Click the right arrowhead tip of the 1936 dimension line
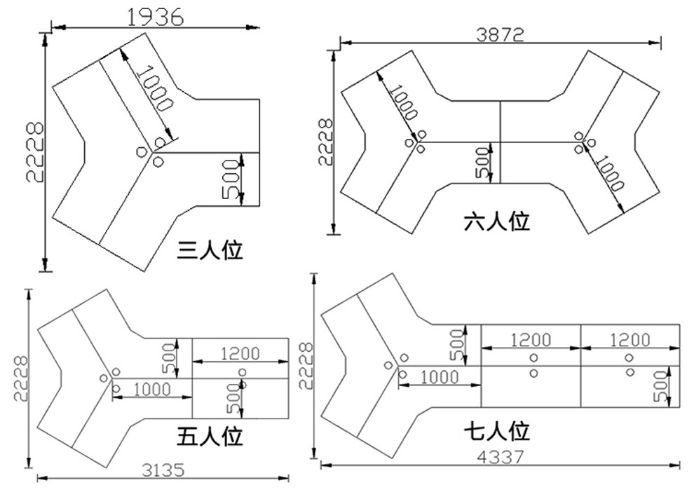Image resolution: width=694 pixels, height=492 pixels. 259,28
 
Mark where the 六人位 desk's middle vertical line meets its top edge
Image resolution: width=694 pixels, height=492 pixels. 500,101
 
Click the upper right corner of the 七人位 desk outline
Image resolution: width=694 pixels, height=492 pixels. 680,324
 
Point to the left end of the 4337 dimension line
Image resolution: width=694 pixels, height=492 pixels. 321,465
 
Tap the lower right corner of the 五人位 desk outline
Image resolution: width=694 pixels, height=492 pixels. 289,418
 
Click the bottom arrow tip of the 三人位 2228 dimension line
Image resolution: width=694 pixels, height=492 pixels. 44,271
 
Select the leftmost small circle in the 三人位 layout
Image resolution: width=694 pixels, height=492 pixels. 141,152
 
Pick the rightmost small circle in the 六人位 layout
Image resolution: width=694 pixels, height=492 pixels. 592,142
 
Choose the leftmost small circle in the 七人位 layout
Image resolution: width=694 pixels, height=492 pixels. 388,365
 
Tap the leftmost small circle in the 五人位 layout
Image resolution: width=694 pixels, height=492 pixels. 104,378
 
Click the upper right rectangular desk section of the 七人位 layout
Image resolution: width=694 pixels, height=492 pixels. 630,345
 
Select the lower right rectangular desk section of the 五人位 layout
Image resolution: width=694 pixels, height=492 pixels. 240,398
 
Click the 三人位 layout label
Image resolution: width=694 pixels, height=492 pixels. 210,250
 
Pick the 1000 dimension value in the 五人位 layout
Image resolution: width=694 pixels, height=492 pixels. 152,390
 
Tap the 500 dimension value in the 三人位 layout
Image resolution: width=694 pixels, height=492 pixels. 231,179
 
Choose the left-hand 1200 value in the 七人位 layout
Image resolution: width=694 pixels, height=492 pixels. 531,340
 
